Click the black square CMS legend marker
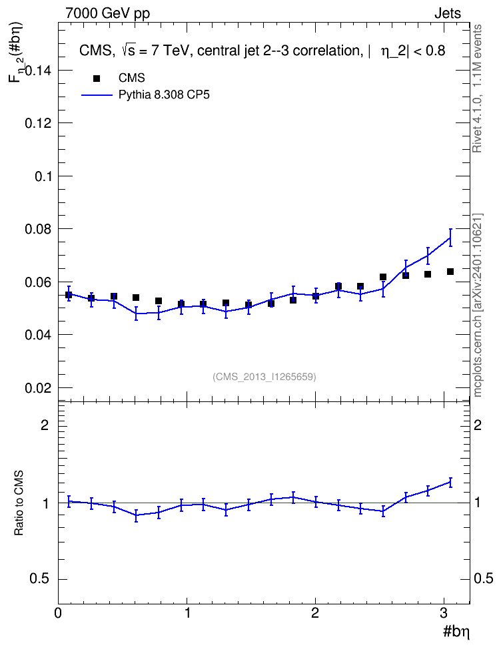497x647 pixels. (x=97, y=79)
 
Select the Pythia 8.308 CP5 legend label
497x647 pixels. (x=164, y=95)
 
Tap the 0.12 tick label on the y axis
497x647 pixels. (x=38, y=123)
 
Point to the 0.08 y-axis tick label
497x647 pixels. (x=38, y=229)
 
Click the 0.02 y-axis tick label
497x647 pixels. (x=38, y=388)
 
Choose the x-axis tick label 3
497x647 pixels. (x=444, y=613)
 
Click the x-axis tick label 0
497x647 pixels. (x=59, y=613)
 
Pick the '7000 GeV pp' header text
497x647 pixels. (x=107, y=13)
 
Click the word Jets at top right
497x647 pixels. (x=448, y=13)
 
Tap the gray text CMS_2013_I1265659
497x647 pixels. (x=264, y=377)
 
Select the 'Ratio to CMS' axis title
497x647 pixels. (x=19, y=503)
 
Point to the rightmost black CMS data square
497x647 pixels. (x=450, y=272)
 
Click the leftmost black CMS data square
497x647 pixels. (x=69, y=295)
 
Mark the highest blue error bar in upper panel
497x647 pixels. (x=450, y=237)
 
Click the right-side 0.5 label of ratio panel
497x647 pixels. (x=484, y=579)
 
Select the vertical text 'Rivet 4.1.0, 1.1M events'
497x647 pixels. (x=477, y=89)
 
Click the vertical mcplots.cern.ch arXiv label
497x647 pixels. (x=478, y=305)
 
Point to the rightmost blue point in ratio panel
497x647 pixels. (x=450, y=482)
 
